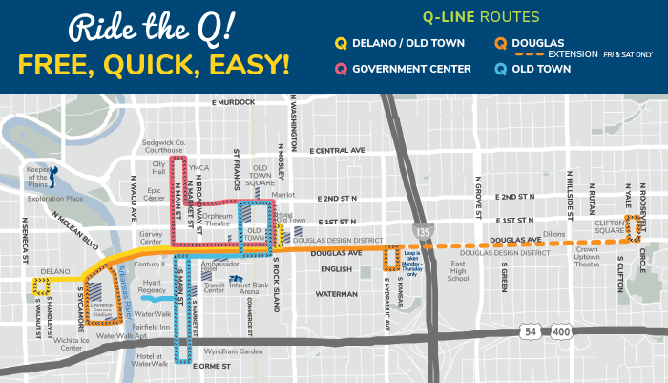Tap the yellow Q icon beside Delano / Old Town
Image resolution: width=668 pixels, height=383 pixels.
click(339, 42)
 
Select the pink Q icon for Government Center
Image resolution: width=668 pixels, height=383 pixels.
click(339, 68)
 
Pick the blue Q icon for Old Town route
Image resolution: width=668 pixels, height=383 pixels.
click(500, 68)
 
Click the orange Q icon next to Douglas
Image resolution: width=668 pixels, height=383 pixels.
click(500, 42)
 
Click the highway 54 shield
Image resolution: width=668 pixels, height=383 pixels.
click(530, 330)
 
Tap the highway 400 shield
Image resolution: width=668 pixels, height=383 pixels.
click(561, 330)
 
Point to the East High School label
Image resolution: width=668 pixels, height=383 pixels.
click(458, 271)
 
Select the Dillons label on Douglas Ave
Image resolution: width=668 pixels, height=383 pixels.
click(553, 232)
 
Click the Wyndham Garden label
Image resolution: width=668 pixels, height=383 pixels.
click(239, 351)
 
